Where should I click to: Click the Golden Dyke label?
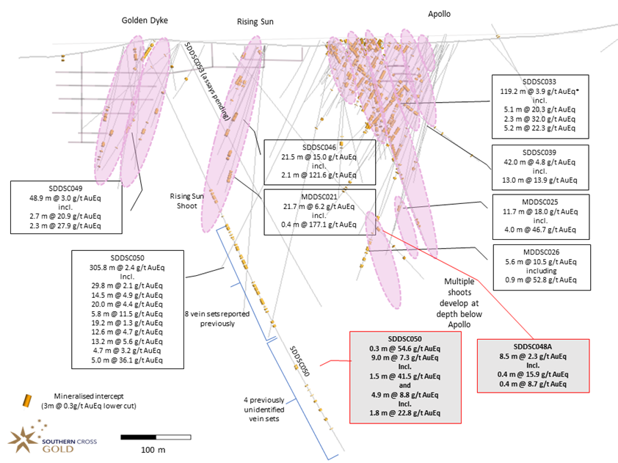[x=145, y=20]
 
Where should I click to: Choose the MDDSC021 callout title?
[x=319, y=197]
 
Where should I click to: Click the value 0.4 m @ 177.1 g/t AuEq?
[x=319, y=225]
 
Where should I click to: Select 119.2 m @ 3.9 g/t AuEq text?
[x=538, y=91]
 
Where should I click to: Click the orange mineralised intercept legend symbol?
[x=28, y=400]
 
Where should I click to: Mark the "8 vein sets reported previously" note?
[x=209, y=318]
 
